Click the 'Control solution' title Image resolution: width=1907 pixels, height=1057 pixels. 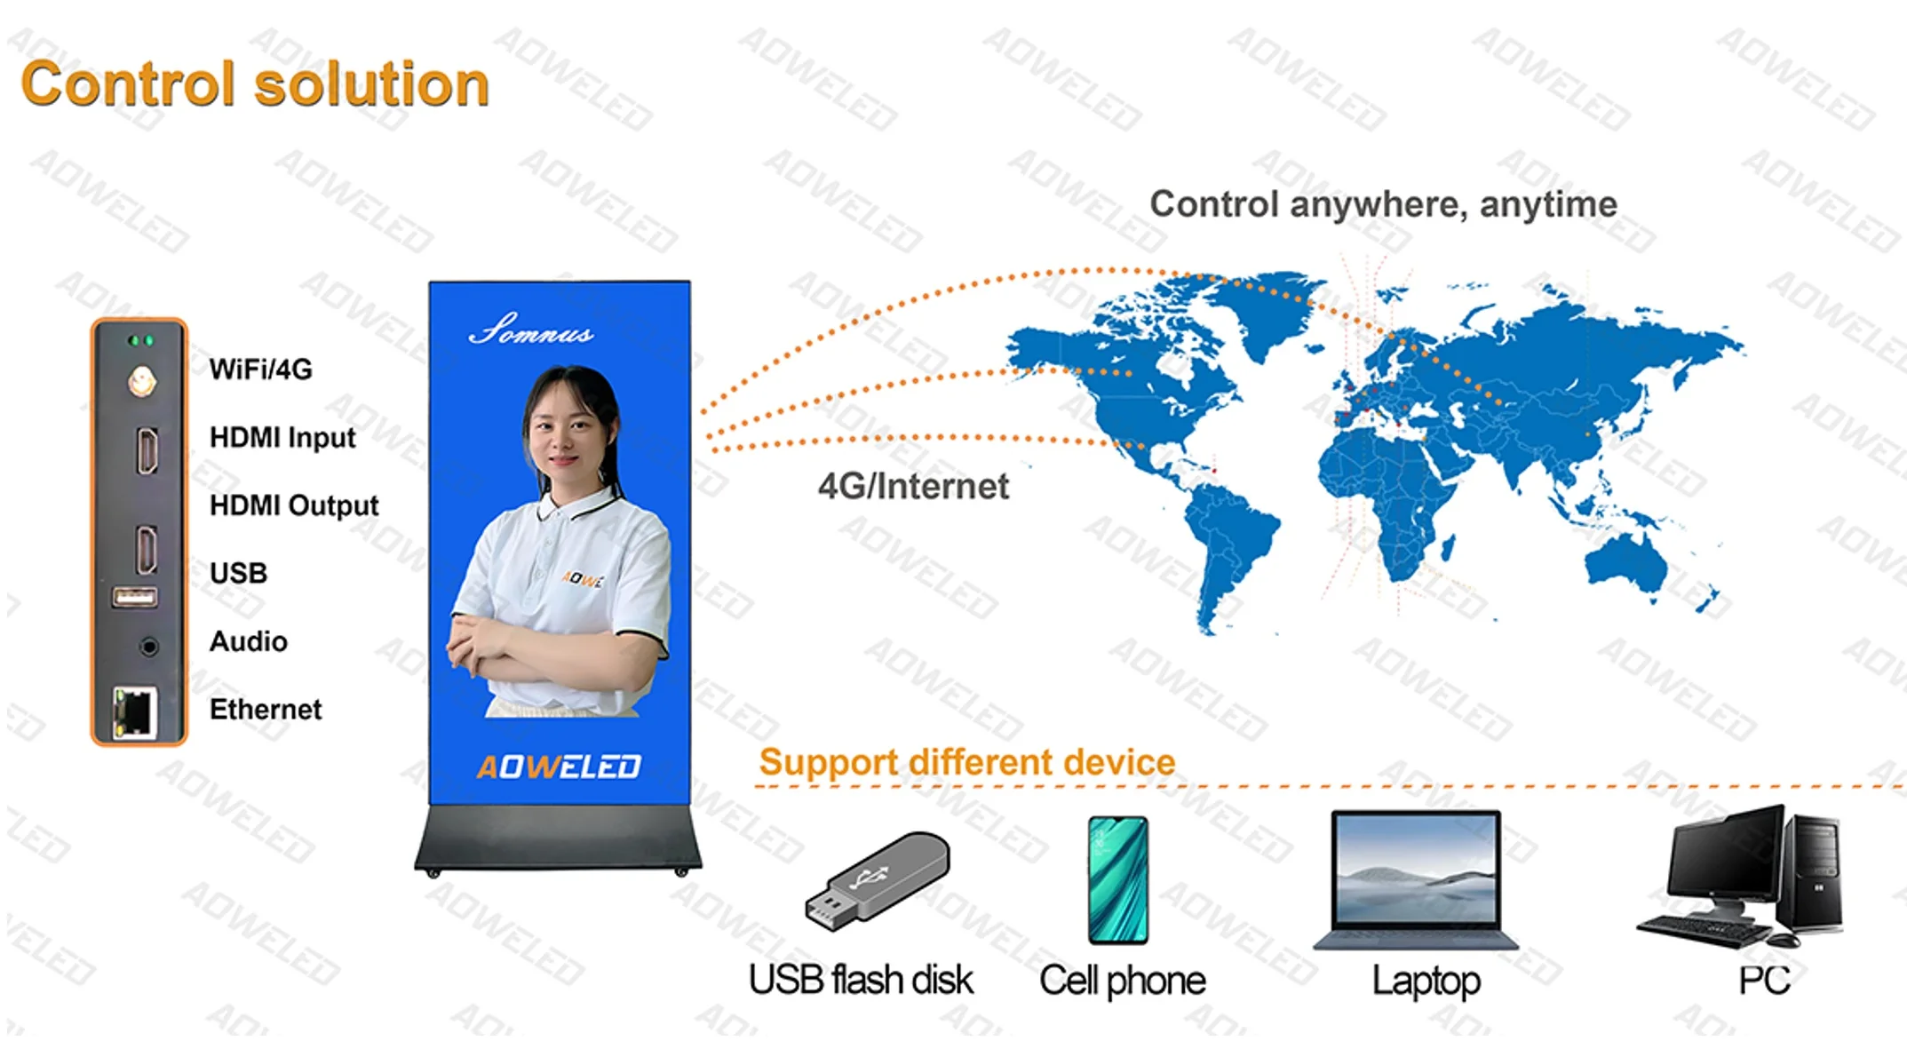pyautogui.click(x=255, y=84)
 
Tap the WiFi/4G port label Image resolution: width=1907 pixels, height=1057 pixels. pyautogui.click(x=260, y=370)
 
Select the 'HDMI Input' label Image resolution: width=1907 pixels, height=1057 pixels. pyautogui.click(x=282, y=438)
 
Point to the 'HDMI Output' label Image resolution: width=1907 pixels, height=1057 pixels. pyautogui.click(x=294, y=505)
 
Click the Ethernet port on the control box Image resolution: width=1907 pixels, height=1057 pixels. pyautogui.click(x=135, y=711)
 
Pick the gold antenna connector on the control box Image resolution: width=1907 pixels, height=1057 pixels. pyautogui.click(x=141, y=382)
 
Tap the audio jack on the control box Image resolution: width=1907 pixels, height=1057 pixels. pyautogui.click(x=149, y=647)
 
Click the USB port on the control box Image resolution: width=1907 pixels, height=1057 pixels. pyautogui.click(x=135, y=597)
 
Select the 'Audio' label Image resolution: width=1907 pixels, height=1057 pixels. pyautogui.click(x=248, y=641)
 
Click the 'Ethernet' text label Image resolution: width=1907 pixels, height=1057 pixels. pyautogui.click(x=265, y=710)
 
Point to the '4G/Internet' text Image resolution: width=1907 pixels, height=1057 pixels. pyautogui.click(x=913, y=487)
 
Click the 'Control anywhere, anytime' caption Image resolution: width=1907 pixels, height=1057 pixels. pyautogui.click(x=1383, y=204)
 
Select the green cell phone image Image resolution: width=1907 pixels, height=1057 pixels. pyautogui.click(x=1118, y=879)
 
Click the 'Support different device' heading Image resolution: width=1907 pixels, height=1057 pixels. pyautogui.click(x=966, y=762)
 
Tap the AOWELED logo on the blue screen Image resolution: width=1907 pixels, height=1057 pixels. pyautogui.click(x=559, y=767)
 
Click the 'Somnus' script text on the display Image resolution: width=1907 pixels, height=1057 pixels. pyautogui.click(x=531, y=330)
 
